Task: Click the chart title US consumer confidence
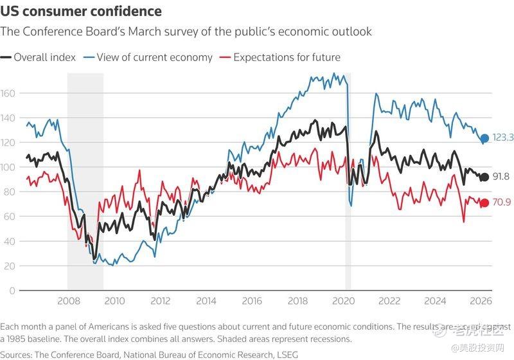point(81,12)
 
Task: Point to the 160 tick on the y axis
point(8,93)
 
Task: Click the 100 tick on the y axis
point(8,167)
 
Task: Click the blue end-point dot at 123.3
point(484,138)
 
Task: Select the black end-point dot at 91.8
point(484,177)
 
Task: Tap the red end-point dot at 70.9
point(484,203)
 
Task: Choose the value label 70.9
point(501,203)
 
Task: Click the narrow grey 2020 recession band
point(348,193)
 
